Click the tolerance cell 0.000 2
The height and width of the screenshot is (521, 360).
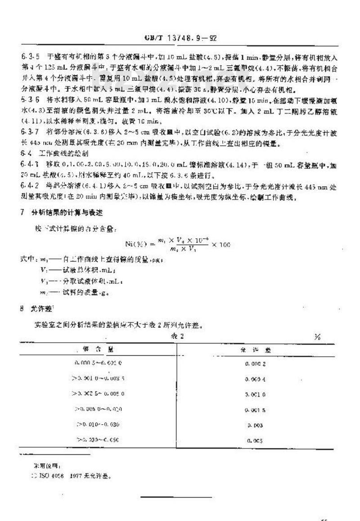click(257, 362)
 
